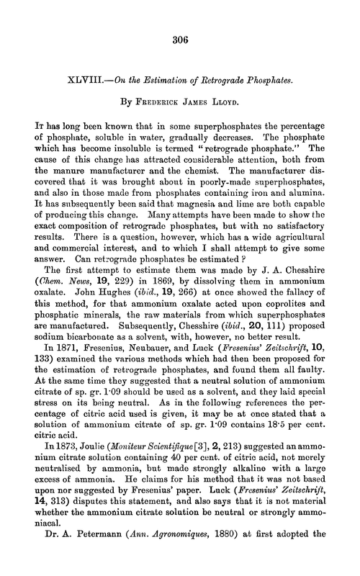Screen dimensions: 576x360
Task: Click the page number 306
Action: click(180, 41)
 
